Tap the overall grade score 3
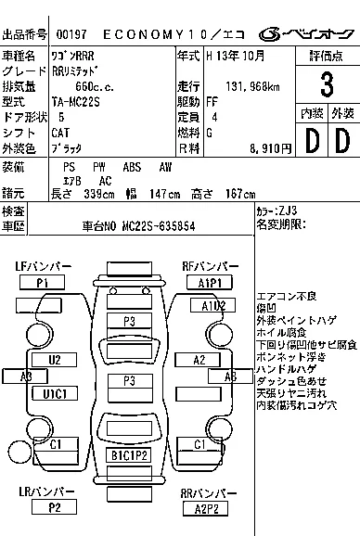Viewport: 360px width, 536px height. (327, 85)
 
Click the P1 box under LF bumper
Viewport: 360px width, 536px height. (43, 281)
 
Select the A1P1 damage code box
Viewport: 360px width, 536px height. (207, 282)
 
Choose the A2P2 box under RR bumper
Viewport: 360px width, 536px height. (207, 507)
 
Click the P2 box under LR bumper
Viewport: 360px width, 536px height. (56, 507)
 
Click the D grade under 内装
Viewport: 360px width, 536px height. (311, 142)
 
